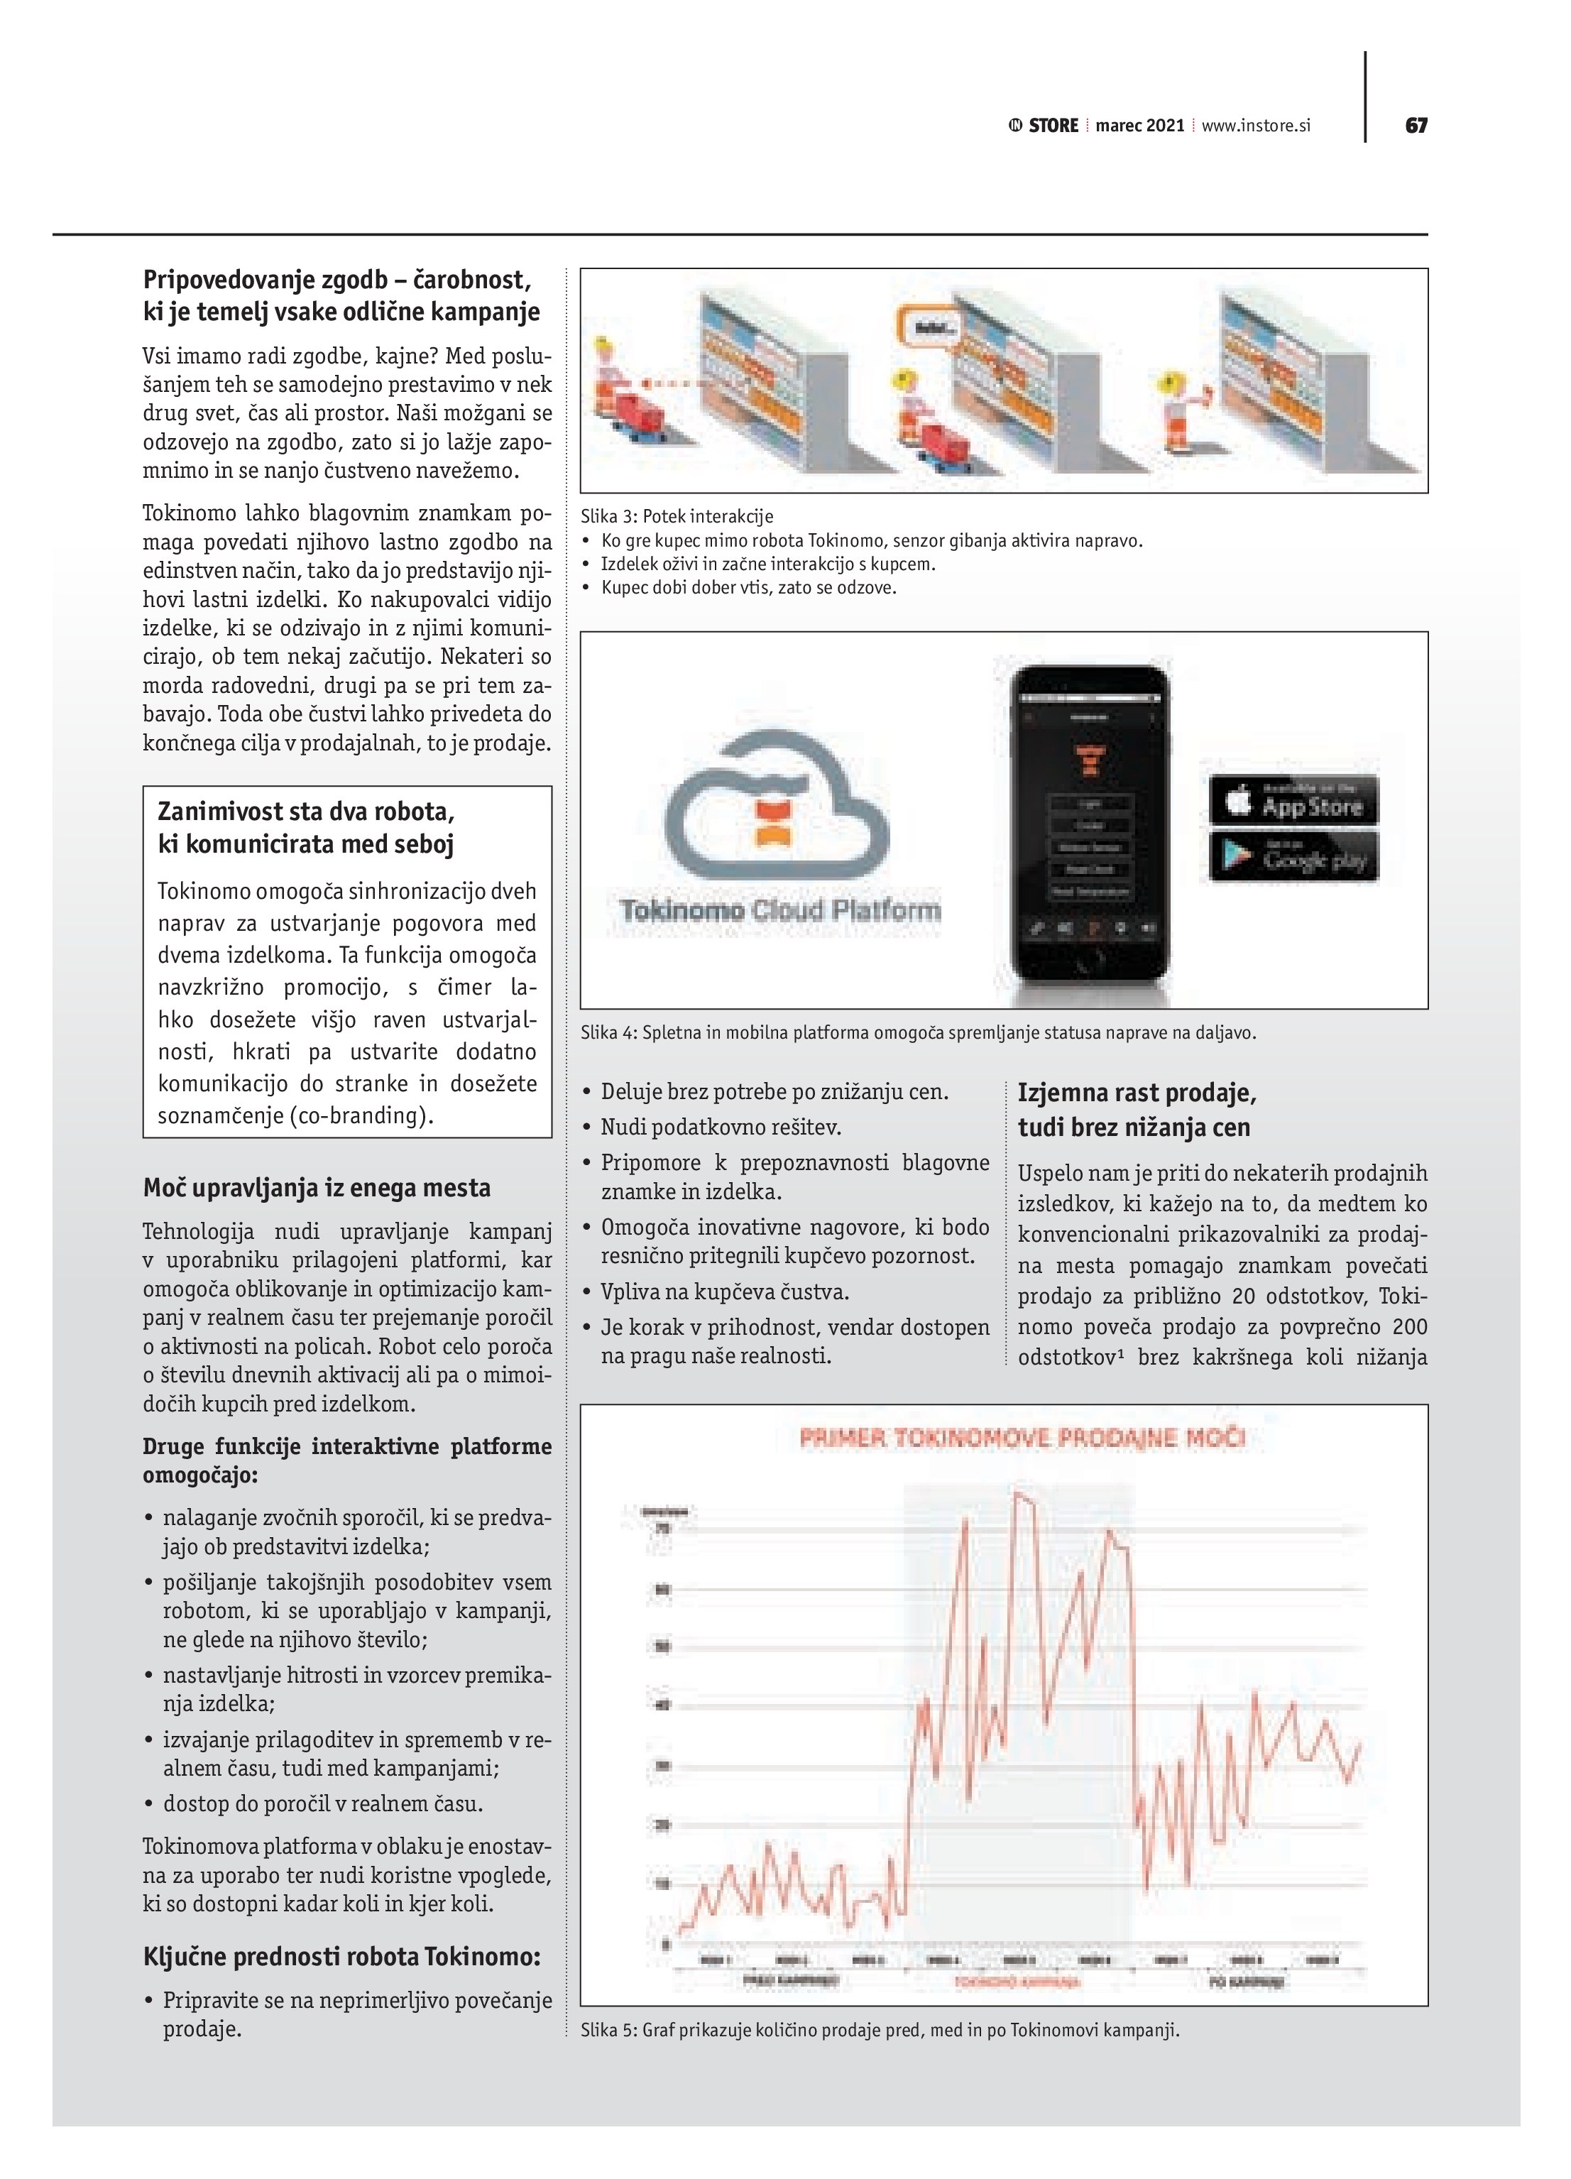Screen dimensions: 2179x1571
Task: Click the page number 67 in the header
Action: pyautogui.click(x=1416, y=126)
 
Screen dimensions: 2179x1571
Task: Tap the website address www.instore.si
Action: pyautogui.click(x=1256, y=126)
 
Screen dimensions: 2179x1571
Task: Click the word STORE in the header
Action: pyautogui.click(x=1053, y=126)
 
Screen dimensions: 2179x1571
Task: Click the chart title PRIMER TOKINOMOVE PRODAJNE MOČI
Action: pyautogui.click(x=1022, y=1439)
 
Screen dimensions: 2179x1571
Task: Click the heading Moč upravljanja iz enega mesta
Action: pyautogui.click(x=316, y=1189)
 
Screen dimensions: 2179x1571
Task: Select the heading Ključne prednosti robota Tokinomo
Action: pyautogui.click(x=341, y=1957)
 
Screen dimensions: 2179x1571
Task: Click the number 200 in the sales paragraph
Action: pyautogui.click(x=1408, y=1327)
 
